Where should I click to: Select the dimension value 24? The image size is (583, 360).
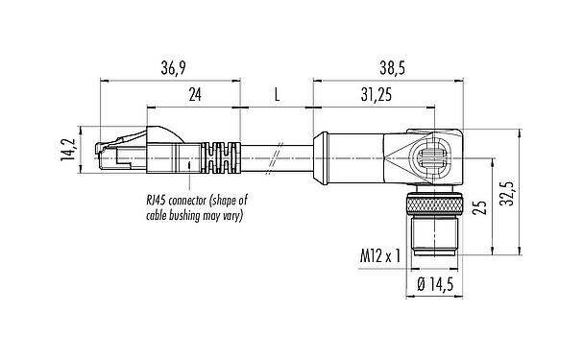[195, 95]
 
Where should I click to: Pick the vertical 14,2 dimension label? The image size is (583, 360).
[68, 150]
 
